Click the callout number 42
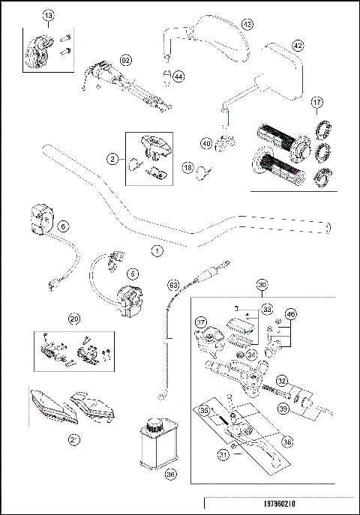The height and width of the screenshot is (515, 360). [298, 46]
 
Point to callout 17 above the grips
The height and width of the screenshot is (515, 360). [317, 102]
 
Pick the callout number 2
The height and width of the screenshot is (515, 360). [112, 160]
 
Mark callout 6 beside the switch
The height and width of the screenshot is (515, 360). [64, 225]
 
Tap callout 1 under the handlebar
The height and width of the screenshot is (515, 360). [156, 250]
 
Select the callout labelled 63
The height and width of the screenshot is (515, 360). [173, 285]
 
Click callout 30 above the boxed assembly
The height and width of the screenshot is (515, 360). [262, 285]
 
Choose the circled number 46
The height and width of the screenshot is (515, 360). [291, 314]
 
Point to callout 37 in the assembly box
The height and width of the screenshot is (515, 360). [201, 323]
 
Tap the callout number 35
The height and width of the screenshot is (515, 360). [202, 410]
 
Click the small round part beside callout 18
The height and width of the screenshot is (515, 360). [200, 177]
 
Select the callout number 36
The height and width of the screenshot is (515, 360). [170, 473]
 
